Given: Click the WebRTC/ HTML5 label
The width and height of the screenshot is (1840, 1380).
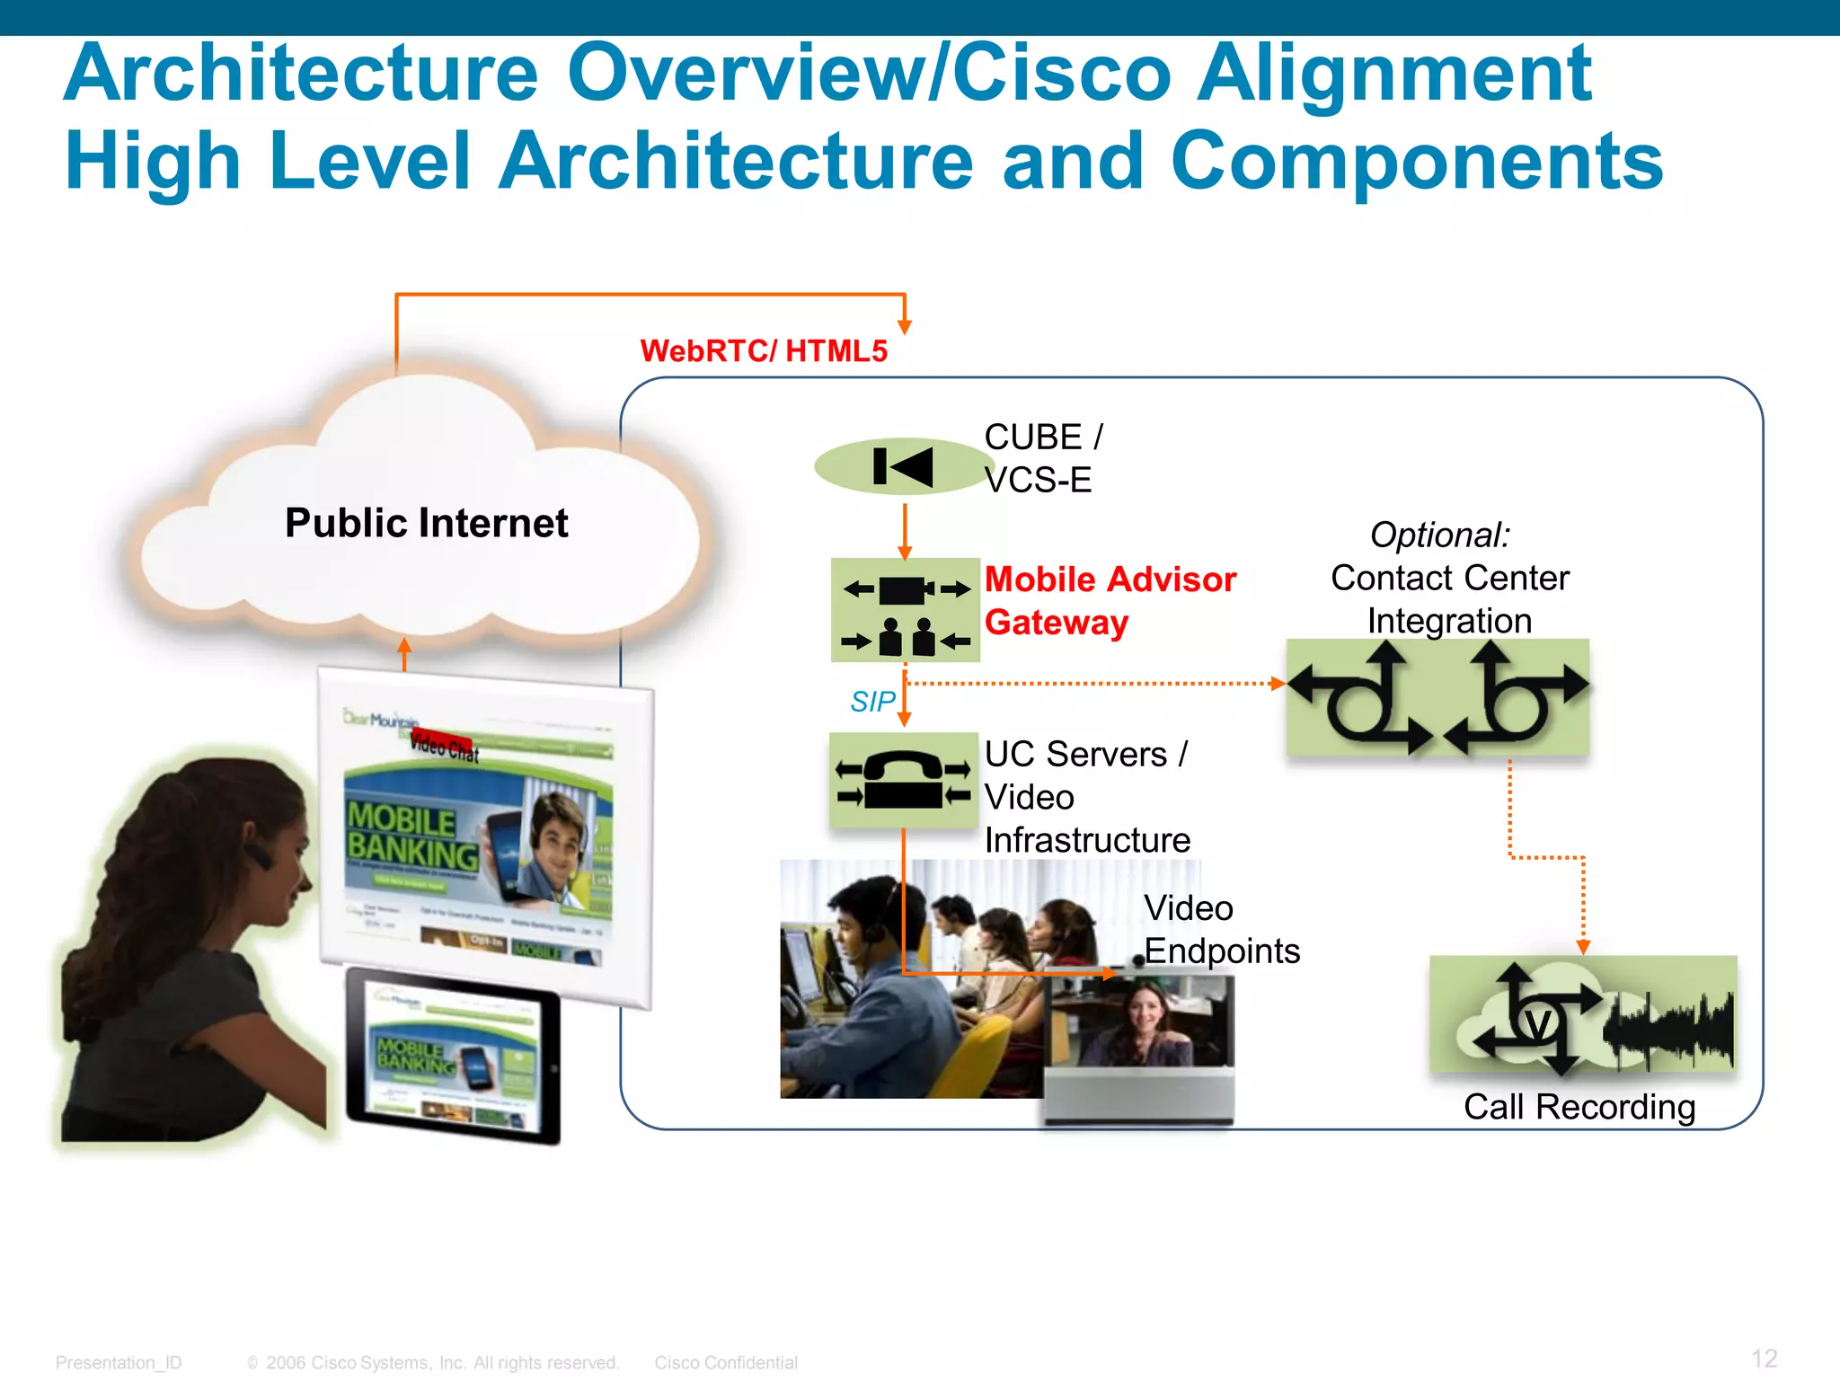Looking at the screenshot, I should pos(764,350).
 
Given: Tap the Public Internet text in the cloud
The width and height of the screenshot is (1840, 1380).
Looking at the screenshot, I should pos(426,523).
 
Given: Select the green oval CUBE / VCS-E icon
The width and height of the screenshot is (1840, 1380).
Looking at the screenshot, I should pos(901,466).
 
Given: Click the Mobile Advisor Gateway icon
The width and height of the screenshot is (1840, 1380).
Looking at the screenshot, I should pos(905,610).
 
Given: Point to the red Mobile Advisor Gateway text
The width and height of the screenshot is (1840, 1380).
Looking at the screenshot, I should pos(1110,600).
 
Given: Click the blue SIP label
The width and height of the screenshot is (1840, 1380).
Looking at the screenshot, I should pos(872,702).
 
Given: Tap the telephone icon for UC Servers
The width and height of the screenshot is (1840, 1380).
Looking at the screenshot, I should pos(903,780).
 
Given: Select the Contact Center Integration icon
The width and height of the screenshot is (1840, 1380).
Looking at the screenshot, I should pos(1437,696).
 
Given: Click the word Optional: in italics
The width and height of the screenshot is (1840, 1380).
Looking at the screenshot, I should pos(1439,535).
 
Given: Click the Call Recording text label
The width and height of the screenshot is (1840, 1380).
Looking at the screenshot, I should pos(1579,1107).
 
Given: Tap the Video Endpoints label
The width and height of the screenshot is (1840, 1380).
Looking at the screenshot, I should pos(1221,929).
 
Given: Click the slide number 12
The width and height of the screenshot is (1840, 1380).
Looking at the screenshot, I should pos(1764,1358).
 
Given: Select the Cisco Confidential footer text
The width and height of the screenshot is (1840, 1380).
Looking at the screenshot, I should pos(725,1363).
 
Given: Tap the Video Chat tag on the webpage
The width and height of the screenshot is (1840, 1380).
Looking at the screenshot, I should pos(444,745).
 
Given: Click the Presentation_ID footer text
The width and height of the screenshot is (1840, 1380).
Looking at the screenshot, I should pos(119,1363).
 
